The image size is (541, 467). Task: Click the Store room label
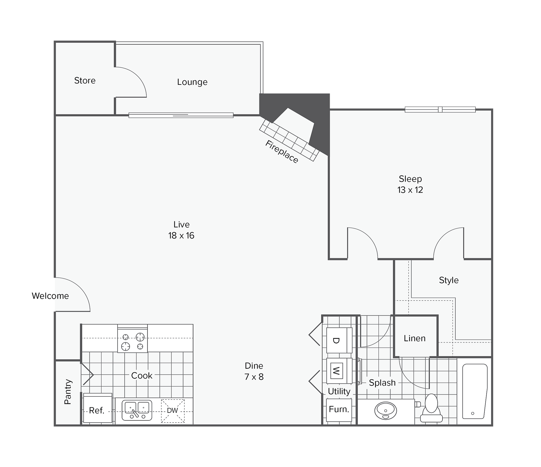(85, 81)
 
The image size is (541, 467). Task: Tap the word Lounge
(192, 82)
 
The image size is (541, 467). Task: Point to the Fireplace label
(282, 152)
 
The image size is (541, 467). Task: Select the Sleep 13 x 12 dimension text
(410, 190)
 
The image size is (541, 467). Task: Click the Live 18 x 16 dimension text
(181, 235)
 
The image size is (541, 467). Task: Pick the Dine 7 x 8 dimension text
(254, 377)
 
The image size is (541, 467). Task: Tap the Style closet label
(449, 280)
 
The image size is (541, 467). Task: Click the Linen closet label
(414, 338)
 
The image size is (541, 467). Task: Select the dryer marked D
(339, 340)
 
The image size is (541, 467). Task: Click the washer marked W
(339, 371)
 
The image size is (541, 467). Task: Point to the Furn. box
(339, 410)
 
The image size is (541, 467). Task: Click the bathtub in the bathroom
(475, 391)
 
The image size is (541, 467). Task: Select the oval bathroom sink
(386, 411)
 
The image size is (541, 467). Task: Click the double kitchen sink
(137, 410)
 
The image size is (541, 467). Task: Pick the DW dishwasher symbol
(173, 411)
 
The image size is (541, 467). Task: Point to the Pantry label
(68, 392)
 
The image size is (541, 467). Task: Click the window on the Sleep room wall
(440, 109)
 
